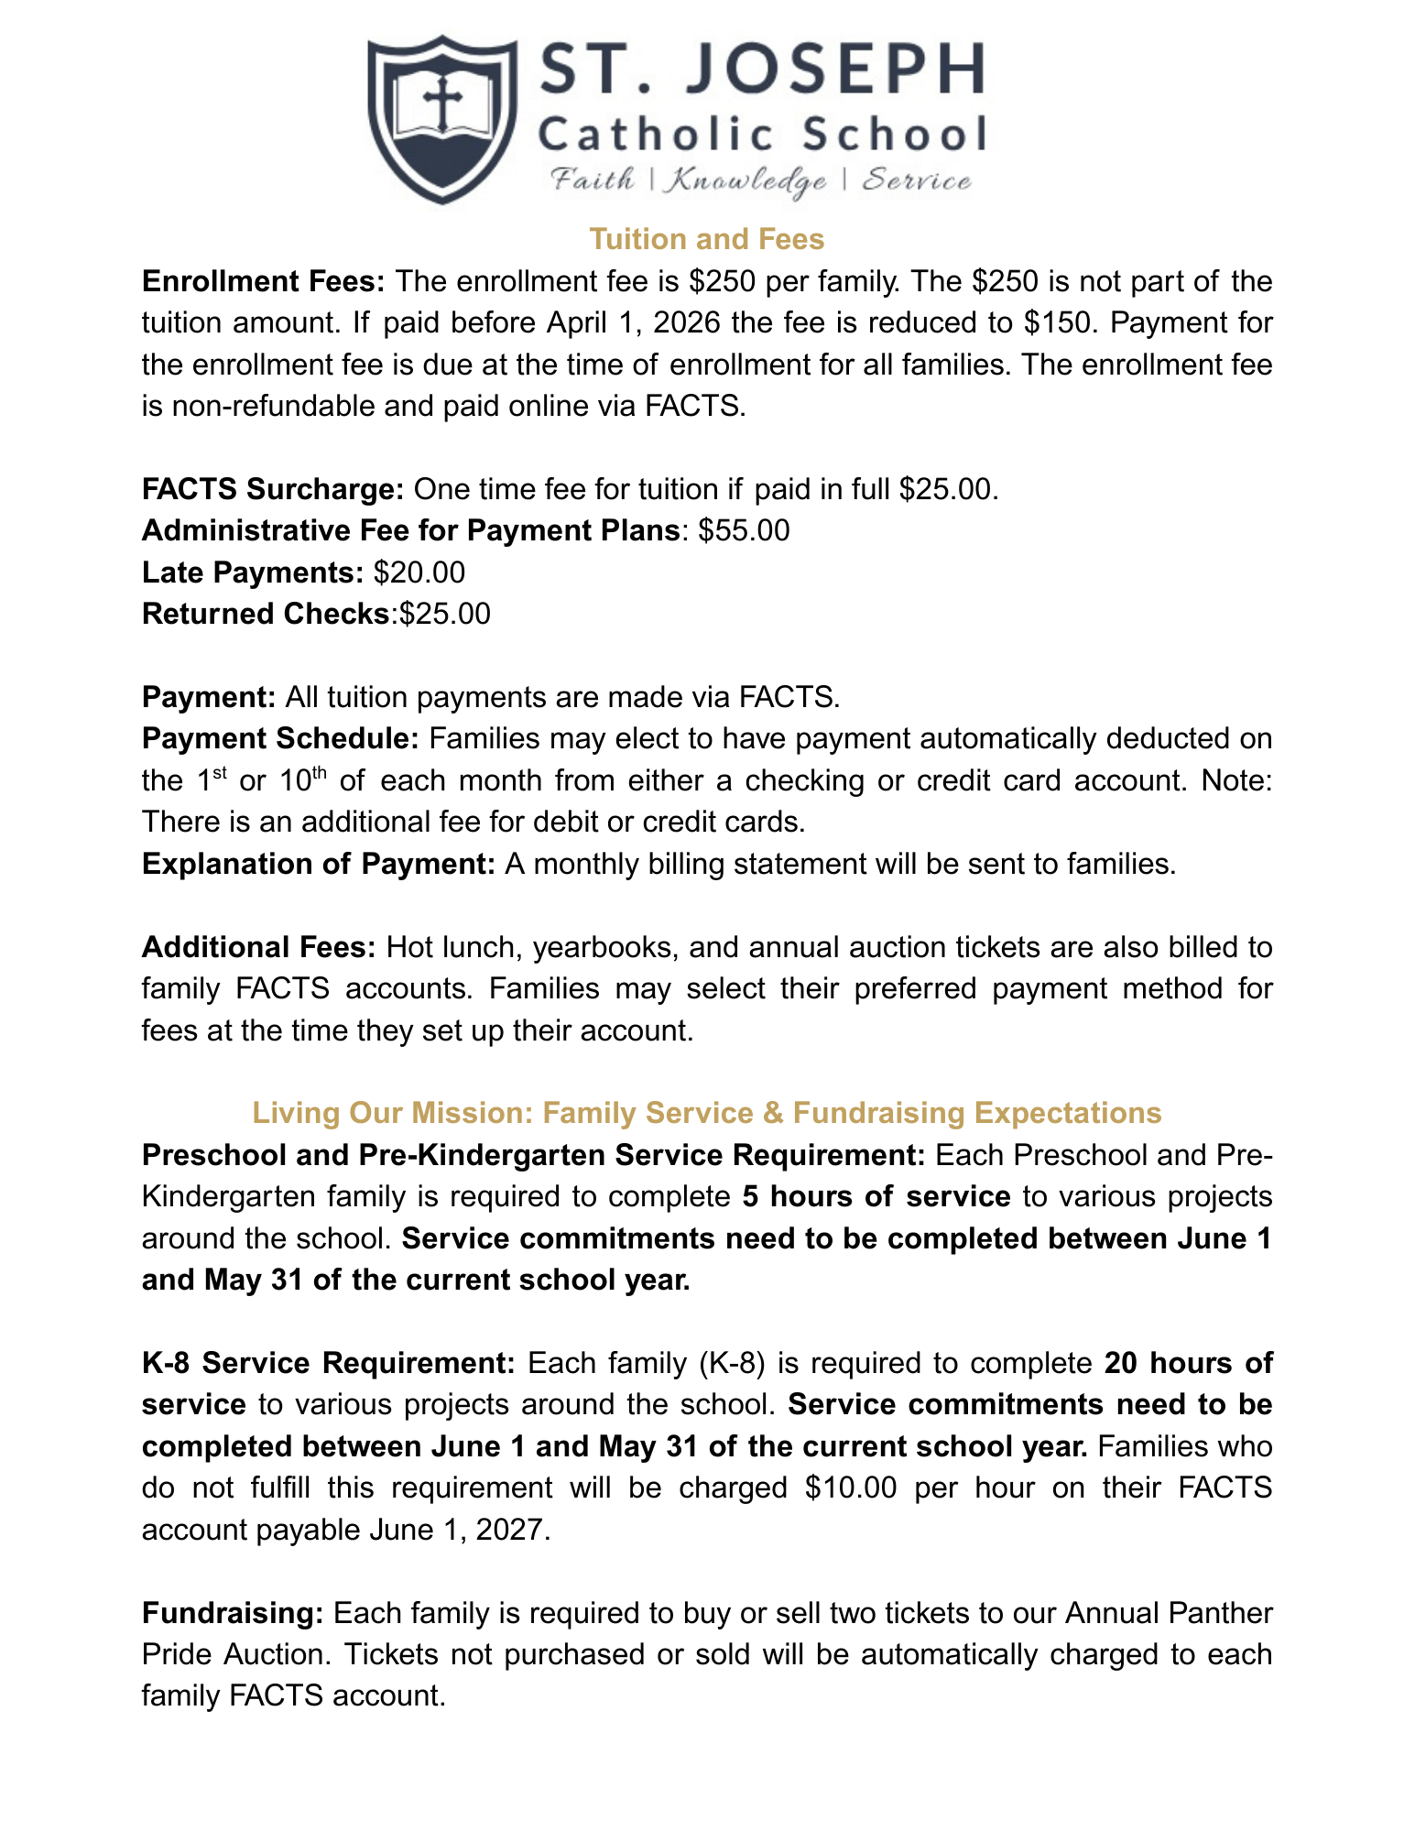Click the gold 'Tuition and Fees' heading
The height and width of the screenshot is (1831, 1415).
pyautogui.click(x=706, y=239)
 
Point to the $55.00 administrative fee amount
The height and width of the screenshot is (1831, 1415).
pyautogui.click(x=743, y=530)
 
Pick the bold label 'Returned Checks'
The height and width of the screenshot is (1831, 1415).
pyautogui.click(x=266, y=614)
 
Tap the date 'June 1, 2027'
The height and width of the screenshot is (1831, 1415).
pyautogui.click(x=461, y=1530)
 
